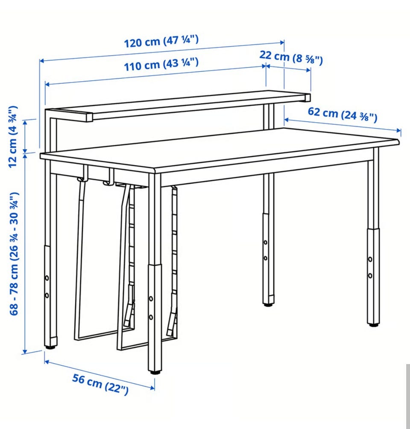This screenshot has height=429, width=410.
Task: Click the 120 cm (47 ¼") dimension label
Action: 161,41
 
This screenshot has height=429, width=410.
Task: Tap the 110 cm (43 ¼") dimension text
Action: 161,64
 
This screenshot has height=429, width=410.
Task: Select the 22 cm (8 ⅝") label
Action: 291,57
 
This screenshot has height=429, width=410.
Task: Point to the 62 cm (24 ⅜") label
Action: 343,115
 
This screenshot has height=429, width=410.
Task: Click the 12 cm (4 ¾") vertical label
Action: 12,137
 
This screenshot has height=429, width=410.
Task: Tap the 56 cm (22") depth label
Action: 100,384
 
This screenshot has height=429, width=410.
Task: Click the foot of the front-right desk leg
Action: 373,324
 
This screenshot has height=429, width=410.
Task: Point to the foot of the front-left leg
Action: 155,372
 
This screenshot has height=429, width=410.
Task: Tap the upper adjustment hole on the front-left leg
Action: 151,299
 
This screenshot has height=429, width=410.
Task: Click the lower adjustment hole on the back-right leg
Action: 266,258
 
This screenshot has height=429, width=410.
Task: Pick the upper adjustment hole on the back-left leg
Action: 47,278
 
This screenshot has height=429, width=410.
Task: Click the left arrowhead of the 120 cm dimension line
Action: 42,61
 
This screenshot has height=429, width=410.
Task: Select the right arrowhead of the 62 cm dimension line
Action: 398,130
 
